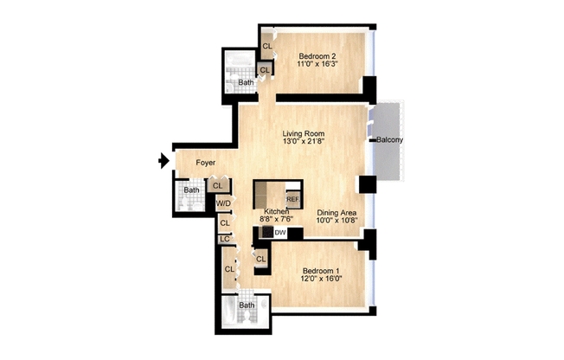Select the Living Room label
303,133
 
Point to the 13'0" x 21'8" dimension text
303,143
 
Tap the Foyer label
205,163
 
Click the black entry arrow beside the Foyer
163,160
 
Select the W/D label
223,204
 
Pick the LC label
224,239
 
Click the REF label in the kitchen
292,199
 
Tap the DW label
280,233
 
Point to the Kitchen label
277,211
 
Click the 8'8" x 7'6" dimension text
277,220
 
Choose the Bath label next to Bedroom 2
247,83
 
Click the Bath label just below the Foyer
191,190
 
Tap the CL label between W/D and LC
224,223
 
